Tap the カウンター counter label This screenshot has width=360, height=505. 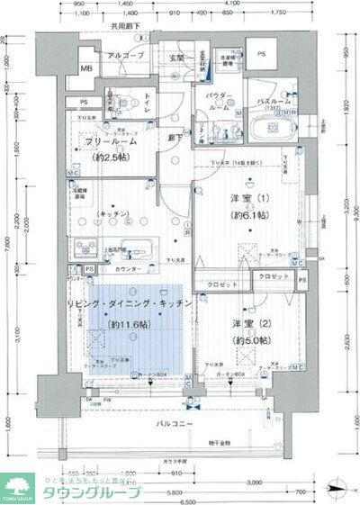(130, 269)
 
